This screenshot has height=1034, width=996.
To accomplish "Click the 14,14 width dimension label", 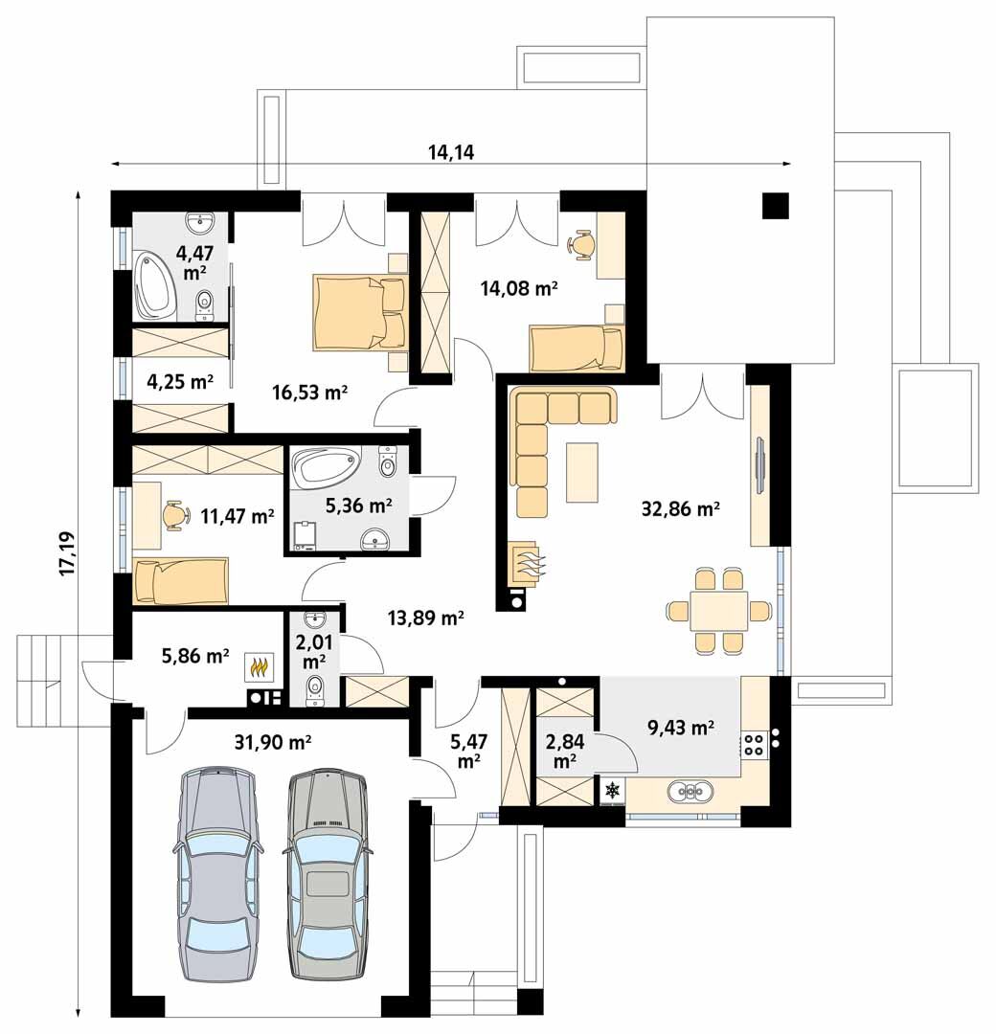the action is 451,152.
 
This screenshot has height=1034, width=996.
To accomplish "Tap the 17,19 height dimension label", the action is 68,554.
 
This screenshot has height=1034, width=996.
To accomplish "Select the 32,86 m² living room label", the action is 680,508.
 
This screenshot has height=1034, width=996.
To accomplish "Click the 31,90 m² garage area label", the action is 272,743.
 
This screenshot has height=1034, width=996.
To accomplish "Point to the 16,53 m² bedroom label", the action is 310,393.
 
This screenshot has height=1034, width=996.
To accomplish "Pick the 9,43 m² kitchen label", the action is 681,728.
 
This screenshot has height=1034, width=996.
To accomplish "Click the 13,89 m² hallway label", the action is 425,618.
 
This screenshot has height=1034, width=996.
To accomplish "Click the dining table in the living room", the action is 718,611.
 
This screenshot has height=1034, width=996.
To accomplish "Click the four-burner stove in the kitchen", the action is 754,743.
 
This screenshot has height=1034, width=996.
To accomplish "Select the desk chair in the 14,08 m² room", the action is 580,244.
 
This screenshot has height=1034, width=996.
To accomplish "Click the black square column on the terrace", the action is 776,206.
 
